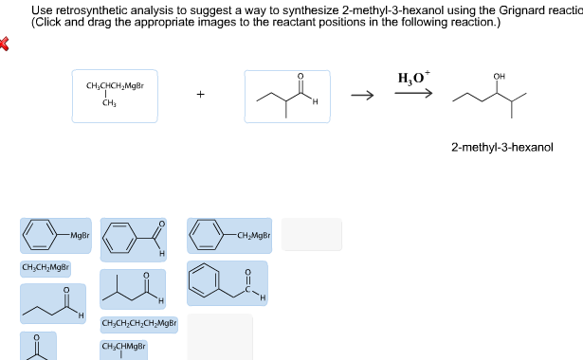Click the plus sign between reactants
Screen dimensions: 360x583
pos(201,95)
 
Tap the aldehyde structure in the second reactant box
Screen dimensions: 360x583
pos(287,95)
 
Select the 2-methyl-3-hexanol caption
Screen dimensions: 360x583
pos(502,148)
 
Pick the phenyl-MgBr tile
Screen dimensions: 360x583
pos(57,235)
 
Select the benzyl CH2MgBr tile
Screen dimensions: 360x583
pos(229,235)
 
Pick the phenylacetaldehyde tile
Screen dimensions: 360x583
pos(228,282)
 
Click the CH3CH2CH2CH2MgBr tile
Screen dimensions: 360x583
pos(139,324)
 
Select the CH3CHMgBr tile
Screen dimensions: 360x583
pos(123,348)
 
